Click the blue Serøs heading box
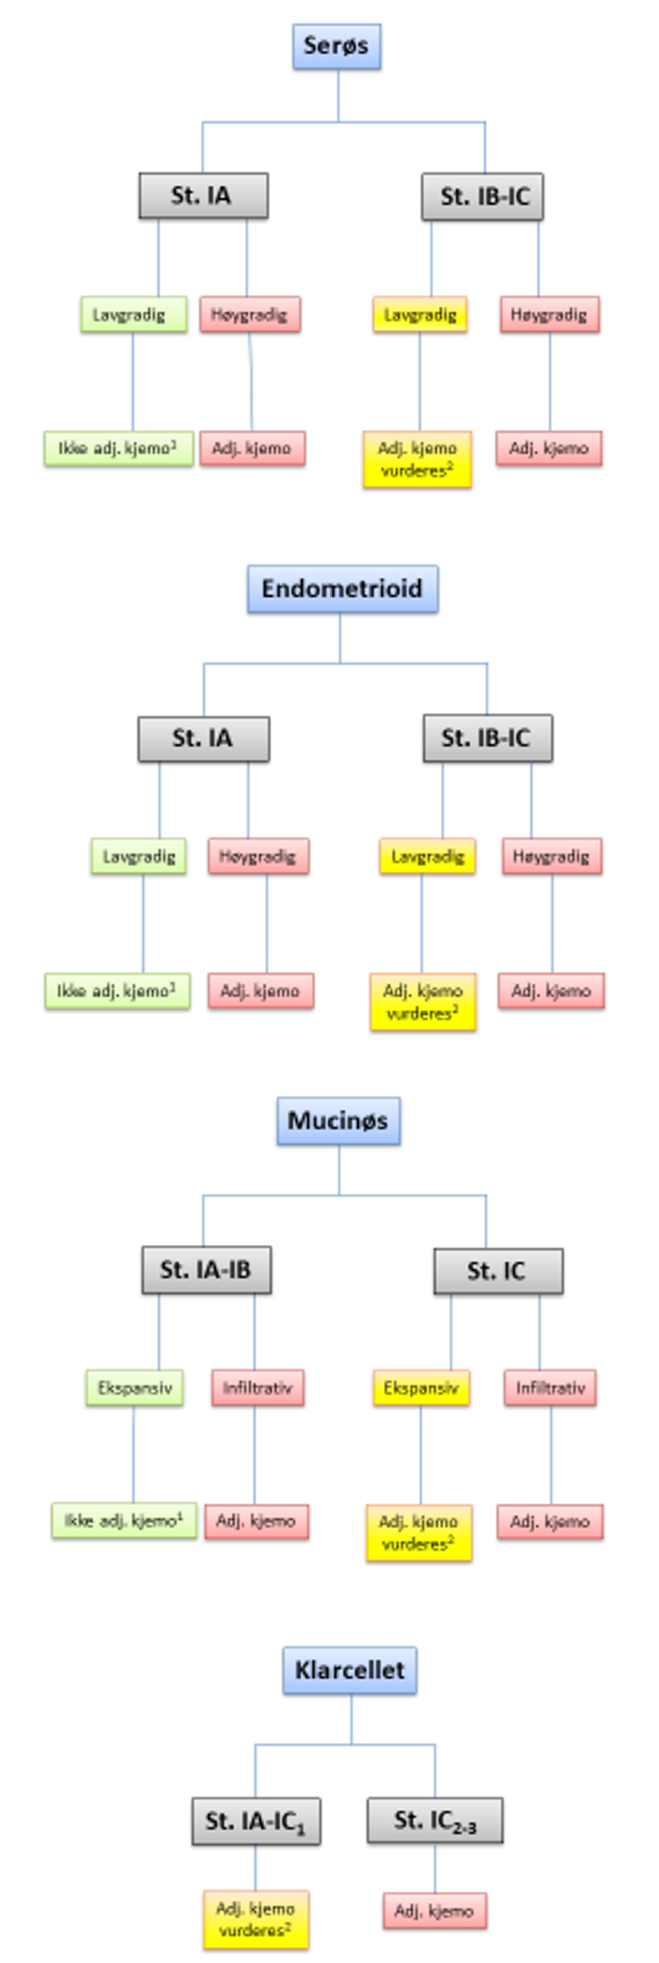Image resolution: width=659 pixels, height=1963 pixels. [x=337, y=46]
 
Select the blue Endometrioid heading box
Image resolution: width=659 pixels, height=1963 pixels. [x=342, y=589]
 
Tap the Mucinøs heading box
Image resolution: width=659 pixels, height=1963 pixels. [x=339, y=1120]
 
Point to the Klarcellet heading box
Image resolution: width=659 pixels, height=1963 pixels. [x=350, y=1670]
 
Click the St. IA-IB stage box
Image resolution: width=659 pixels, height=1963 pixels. [x=206, y=1270]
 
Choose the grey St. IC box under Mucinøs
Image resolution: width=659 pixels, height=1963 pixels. [x=498, y=1271]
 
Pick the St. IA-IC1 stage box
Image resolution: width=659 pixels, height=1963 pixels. [x=256, y=1820]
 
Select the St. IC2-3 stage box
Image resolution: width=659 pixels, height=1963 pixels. [x=435, y=1819]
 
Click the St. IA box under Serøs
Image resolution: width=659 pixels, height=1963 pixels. [x=203, y=196]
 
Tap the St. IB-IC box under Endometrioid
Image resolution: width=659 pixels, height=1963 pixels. [x=487, y=737]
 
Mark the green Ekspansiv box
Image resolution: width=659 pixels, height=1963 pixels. [x=135, y=1388]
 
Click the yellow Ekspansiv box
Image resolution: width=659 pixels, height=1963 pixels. [x=421, y=1388]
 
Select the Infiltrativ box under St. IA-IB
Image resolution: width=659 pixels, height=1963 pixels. [x=258, y=1388]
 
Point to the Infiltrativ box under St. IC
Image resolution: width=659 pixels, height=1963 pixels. [x=550, y=1388]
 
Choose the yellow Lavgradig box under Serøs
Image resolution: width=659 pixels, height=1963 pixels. [x=420, y=315]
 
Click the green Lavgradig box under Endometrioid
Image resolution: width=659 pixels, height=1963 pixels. [x=139, y=856]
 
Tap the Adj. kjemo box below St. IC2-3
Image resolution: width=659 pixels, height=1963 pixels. [x=435, y=1910]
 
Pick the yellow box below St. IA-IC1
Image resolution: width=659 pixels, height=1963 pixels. [x=256, y=1919]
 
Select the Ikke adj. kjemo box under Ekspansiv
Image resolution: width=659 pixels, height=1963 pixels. [x=124, y=1521]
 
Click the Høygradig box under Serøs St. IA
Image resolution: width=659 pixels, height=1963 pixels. [x=249, y=315]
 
